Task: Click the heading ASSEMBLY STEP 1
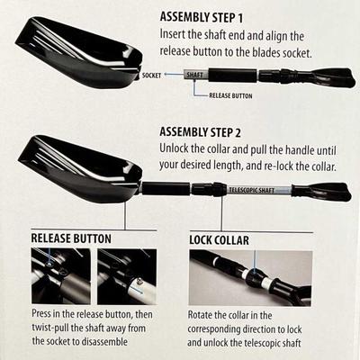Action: tap(202, 17)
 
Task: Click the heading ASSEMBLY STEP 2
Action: tap(201, 132)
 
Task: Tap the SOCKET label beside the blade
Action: tap(151, 76)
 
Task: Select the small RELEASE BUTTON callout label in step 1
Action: tap(230, 95)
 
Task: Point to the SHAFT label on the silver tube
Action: tap(195, 75)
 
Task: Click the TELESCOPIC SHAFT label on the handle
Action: tap(252, 190)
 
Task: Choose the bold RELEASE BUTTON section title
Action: tap(71, 238)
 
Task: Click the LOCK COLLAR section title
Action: tap(219, 240)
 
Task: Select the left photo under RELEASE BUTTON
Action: tap(61, 276)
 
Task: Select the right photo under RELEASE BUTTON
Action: tap(127, 276)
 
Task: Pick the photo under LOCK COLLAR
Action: tap(250, 278)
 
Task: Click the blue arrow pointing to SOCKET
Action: tap(174, 75)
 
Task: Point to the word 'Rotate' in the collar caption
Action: tap(200, 315)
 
